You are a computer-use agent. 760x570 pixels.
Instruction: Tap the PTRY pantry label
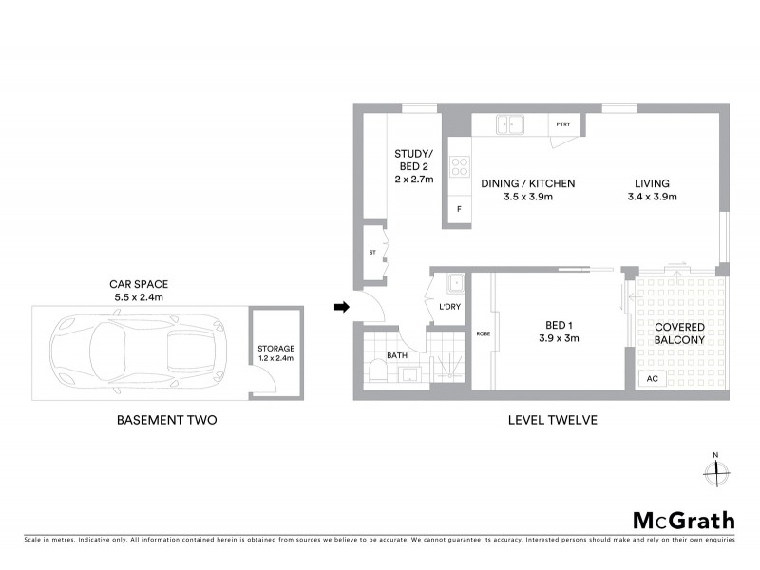pos(562,124)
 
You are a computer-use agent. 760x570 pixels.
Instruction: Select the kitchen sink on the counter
pos(510,123)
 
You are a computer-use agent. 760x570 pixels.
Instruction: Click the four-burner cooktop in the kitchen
pos(459,166)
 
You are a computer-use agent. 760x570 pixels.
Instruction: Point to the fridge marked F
pos(459,209)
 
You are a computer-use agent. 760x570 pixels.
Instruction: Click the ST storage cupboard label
pos(372,253)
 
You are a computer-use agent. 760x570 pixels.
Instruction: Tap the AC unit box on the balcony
pos(652,378)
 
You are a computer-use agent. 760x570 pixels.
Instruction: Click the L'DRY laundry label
pos(449,307)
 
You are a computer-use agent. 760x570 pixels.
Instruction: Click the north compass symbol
pos(715,469)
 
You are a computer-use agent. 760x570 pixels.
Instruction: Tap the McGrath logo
pos(683,520)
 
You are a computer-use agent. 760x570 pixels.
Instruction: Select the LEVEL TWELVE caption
pos(552,419)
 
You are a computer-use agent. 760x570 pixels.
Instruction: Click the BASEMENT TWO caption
pos(166,419)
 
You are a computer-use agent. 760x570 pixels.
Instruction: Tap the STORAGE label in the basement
pos(275,349)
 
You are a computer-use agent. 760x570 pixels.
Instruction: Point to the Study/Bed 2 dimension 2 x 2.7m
pos(414,178)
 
